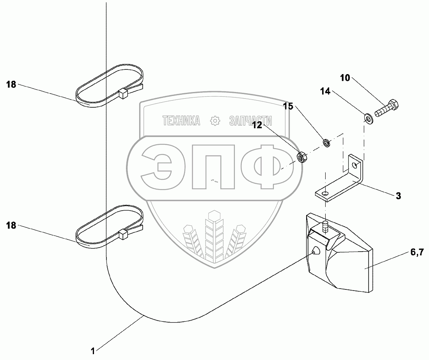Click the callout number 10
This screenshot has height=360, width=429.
[345, 78]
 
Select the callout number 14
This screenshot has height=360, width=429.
[325, 92]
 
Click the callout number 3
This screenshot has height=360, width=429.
[398, 196]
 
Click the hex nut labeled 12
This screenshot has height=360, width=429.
[302, 157]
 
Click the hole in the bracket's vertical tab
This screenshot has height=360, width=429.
[354, 165]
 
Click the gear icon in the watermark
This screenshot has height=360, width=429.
[215, 121]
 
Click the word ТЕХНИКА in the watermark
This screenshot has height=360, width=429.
[181, 121]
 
